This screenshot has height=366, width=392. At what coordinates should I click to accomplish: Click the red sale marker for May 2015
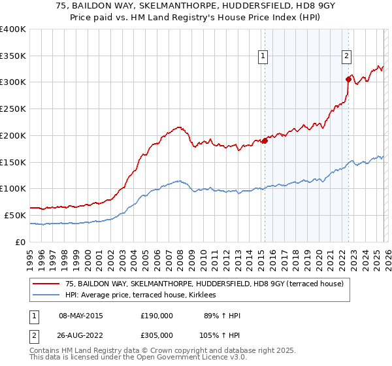click(265, 141)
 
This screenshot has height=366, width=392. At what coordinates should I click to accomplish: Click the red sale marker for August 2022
click(349, 80)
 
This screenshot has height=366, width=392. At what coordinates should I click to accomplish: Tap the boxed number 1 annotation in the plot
click(262, 56)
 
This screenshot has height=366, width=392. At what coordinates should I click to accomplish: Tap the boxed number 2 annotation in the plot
click(346, 56)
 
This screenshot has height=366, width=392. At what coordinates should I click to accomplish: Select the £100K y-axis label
click(13, 189)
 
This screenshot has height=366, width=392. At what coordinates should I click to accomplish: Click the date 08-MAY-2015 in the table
click(80, 316)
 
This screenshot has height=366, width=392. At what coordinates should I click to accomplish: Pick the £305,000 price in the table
click(157, 335)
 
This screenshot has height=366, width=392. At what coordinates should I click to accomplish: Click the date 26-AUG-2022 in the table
click(80, 335)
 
